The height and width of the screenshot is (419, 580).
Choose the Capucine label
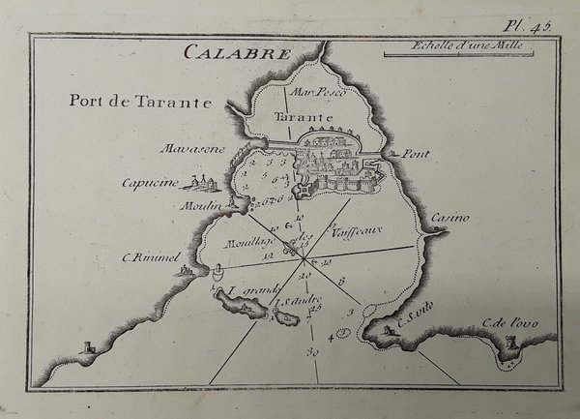pos(175,181)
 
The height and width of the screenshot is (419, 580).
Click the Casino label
pos(449,218)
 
